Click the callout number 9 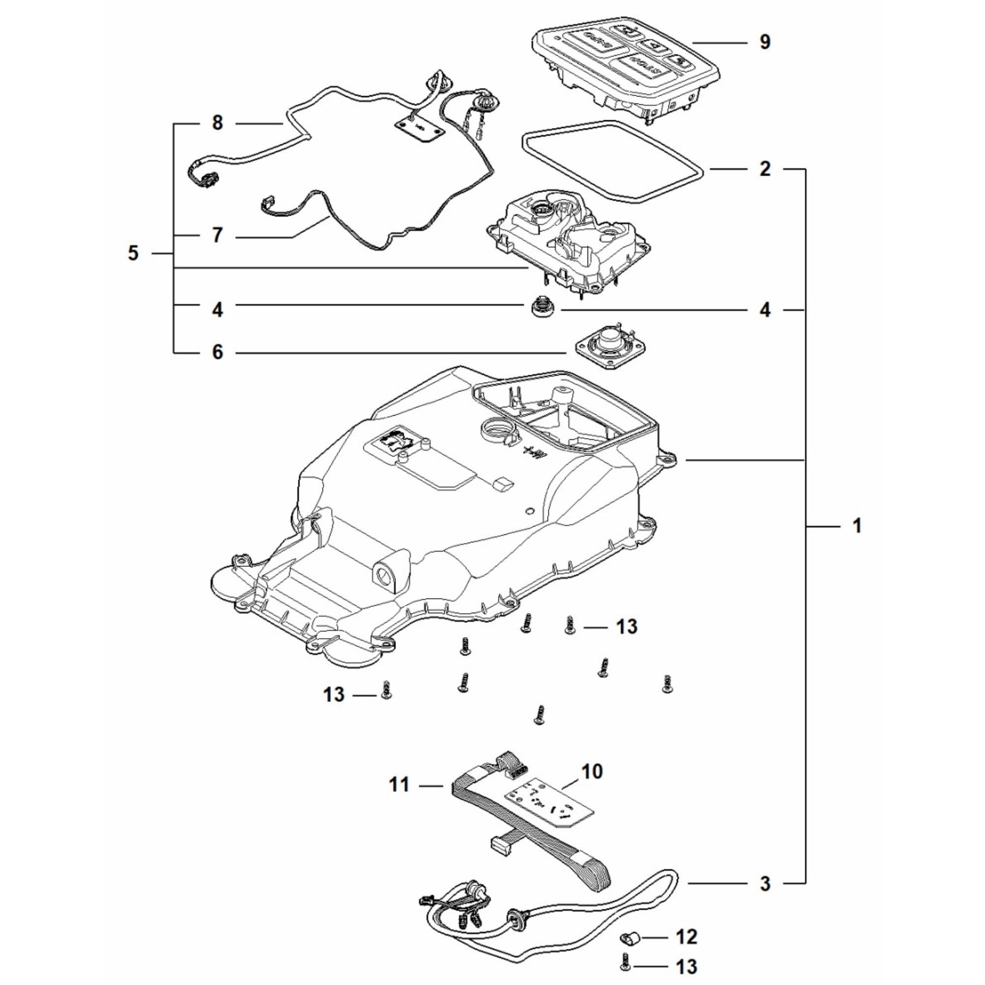click(765, 42)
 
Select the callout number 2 click(765, 169)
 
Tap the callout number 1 click(857, 525)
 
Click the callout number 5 click(133, 253)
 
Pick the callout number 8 click(218, 124)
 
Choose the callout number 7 click(218, 235)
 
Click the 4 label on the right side click(765, 310)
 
